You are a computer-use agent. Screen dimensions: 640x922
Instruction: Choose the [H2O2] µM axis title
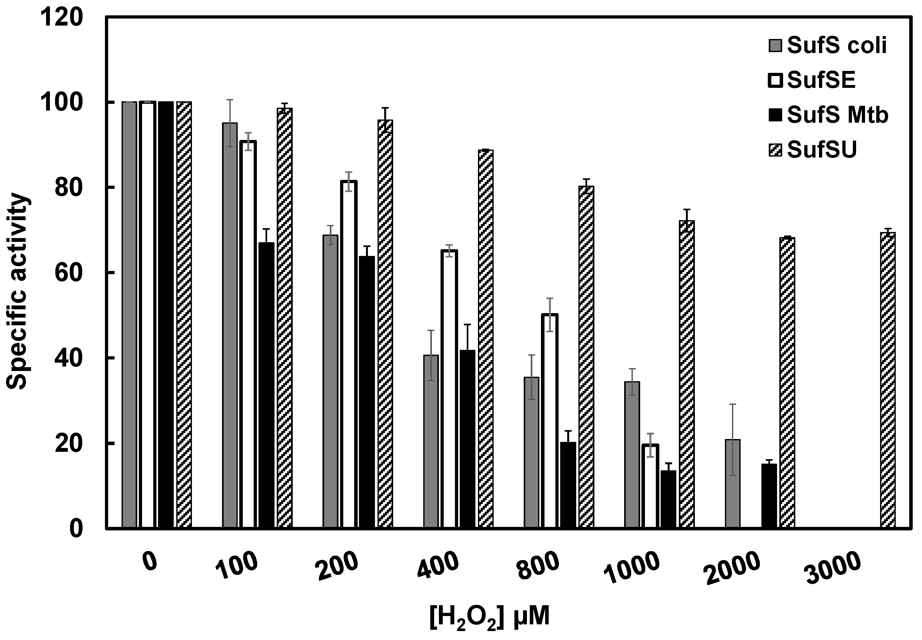(x=489, y=618)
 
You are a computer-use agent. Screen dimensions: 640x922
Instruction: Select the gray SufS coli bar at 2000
(x=733, y=484)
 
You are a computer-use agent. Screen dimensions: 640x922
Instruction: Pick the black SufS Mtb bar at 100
(x=266, y=385)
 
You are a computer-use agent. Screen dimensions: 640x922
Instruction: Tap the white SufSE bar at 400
(x=449, y=389)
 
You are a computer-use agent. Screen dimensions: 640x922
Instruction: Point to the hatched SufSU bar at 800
(x=586, y=357)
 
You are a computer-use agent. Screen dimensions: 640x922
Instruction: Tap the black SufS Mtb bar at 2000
(x=769, y=496)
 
